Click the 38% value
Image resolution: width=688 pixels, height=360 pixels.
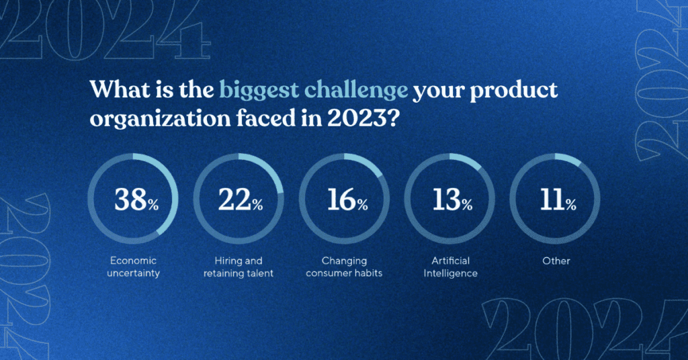pyautogui.click(x=136, y=200)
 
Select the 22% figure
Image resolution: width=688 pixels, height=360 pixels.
pyautogui.click(x=240, y=200)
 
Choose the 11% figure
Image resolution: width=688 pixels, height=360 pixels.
pyautogui.click(x=556, y=200)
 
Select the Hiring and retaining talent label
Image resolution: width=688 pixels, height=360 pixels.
pyautogui.click(x=239, y=267)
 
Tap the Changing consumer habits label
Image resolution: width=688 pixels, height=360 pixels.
pyautogui.click(x=344, y=267)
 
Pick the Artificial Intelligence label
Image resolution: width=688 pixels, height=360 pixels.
pyautogui.click(x=449, y=267)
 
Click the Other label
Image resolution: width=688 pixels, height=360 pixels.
pyautogui.click(x=556, y=261)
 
